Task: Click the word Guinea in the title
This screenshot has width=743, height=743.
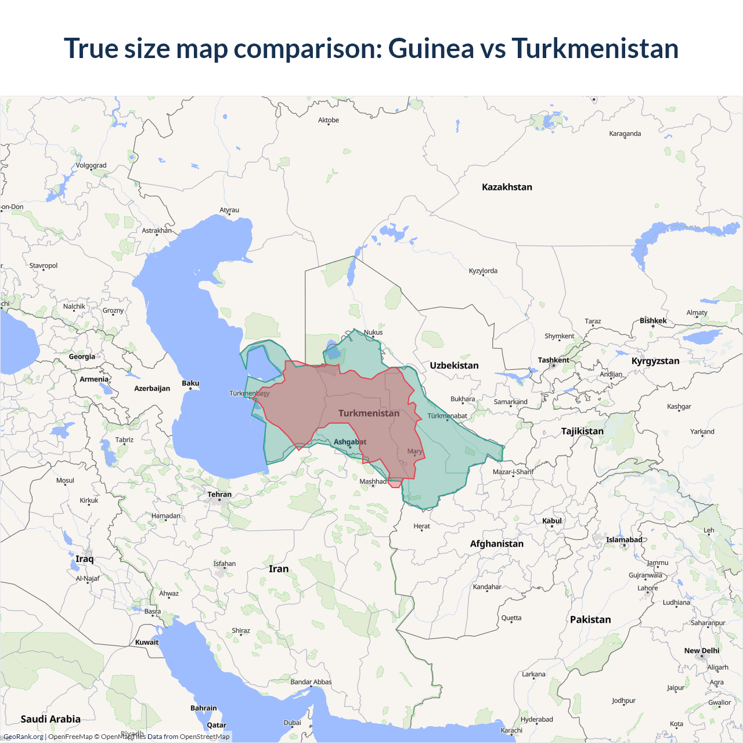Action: pos(431,48)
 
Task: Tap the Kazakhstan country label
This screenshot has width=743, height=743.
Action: pos(507,187)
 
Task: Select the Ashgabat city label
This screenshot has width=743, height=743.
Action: pos(350,442)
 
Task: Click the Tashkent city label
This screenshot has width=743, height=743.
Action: pos(553,360)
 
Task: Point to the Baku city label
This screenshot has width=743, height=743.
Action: pos(190,383)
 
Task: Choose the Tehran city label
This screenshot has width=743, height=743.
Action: pos(219,495)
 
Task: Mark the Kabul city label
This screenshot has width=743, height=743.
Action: pos(552,521)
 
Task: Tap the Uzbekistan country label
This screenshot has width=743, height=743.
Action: pos(454,365)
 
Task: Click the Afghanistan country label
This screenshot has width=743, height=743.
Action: pos(496,543)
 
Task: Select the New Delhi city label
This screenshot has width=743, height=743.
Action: pos(701,651)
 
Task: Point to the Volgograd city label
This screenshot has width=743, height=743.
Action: pos(91,165)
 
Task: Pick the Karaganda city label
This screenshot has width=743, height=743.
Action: pos(625,134)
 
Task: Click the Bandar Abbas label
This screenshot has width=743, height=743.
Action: pos(311,682)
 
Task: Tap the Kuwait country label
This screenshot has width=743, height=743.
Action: pos(146,642)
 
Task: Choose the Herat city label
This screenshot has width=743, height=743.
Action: pos(422,526)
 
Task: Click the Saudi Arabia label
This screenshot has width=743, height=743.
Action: pos(51,719)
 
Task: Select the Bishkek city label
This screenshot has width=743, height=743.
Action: pos(653,320)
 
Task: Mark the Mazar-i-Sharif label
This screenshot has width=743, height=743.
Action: pos(513,472)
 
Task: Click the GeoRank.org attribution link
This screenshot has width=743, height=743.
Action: pos(24,737)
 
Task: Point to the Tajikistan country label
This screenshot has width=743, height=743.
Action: pos(582,431)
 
